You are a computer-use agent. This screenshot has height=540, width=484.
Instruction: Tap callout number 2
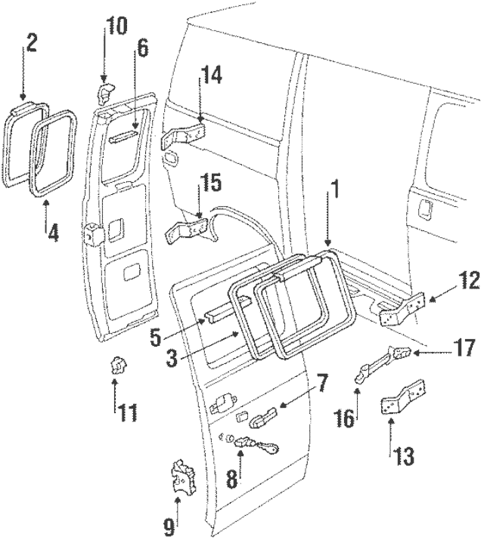tap(32, 42)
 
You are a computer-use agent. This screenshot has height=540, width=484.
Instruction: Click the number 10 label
tap(116, 27)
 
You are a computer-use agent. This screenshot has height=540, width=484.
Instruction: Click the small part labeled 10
tap(105, 91)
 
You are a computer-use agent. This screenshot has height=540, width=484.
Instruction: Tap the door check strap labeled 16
tap(368, 371)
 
